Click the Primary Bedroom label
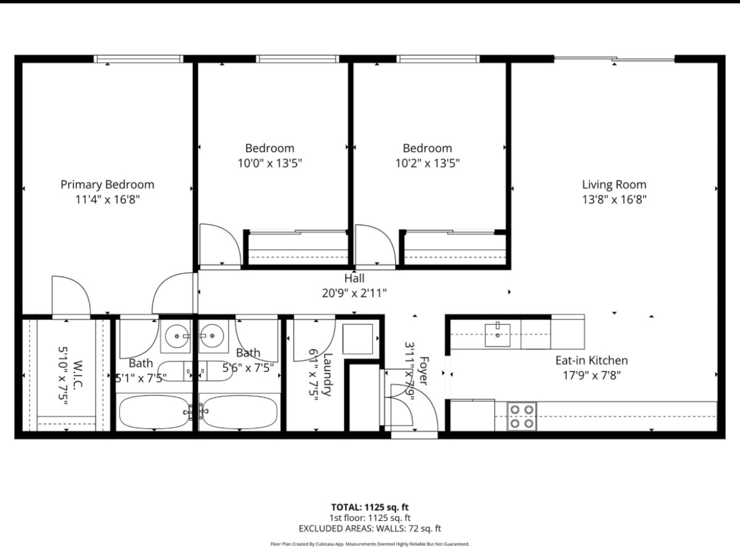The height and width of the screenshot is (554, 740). [107, 184]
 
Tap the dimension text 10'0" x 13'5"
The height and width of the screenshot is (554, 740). [270, 163]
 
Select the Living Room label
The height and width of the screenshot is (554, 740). [614, 184]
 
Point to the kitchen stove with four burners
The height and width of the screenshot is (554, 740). [521, 417]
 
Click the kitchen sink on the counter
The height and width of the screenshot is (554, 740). [497, 335]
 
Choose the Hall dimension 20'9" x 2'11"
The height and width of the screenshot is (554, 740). [354, 293]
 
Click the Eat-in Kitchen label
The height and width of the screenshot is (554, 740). [591, 361]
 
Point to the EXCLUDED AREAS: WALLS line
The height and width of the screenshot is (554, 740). [369, 528]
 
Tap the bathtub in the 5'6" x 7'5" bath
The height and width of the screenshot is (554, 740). [239, 412]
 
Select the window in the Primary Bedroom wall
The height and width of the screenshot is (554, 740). [138, 59]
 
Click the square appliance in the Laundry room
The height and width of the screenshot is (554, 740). [358, 339]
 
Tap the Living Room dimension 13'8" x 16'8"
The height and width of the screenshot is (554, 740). [614, 200]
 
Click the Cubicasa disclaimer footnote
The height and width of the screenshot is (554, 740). [369, 544]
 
